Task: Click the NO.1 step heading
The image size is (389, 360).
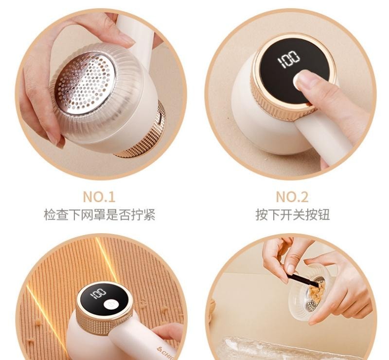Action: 99,197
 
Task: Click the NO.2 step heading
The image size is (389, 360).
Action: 292,197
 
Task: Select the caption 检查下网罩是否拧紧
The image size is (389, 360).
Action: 99,214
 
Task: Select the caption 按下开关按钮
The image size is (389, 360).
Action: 292,214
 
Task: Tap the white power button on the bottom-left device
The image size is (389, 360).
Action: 111,304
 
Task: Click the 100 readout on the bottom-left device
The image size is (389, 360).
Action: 98,293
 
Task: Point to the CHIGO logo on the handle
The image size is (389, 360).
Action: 168,349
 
